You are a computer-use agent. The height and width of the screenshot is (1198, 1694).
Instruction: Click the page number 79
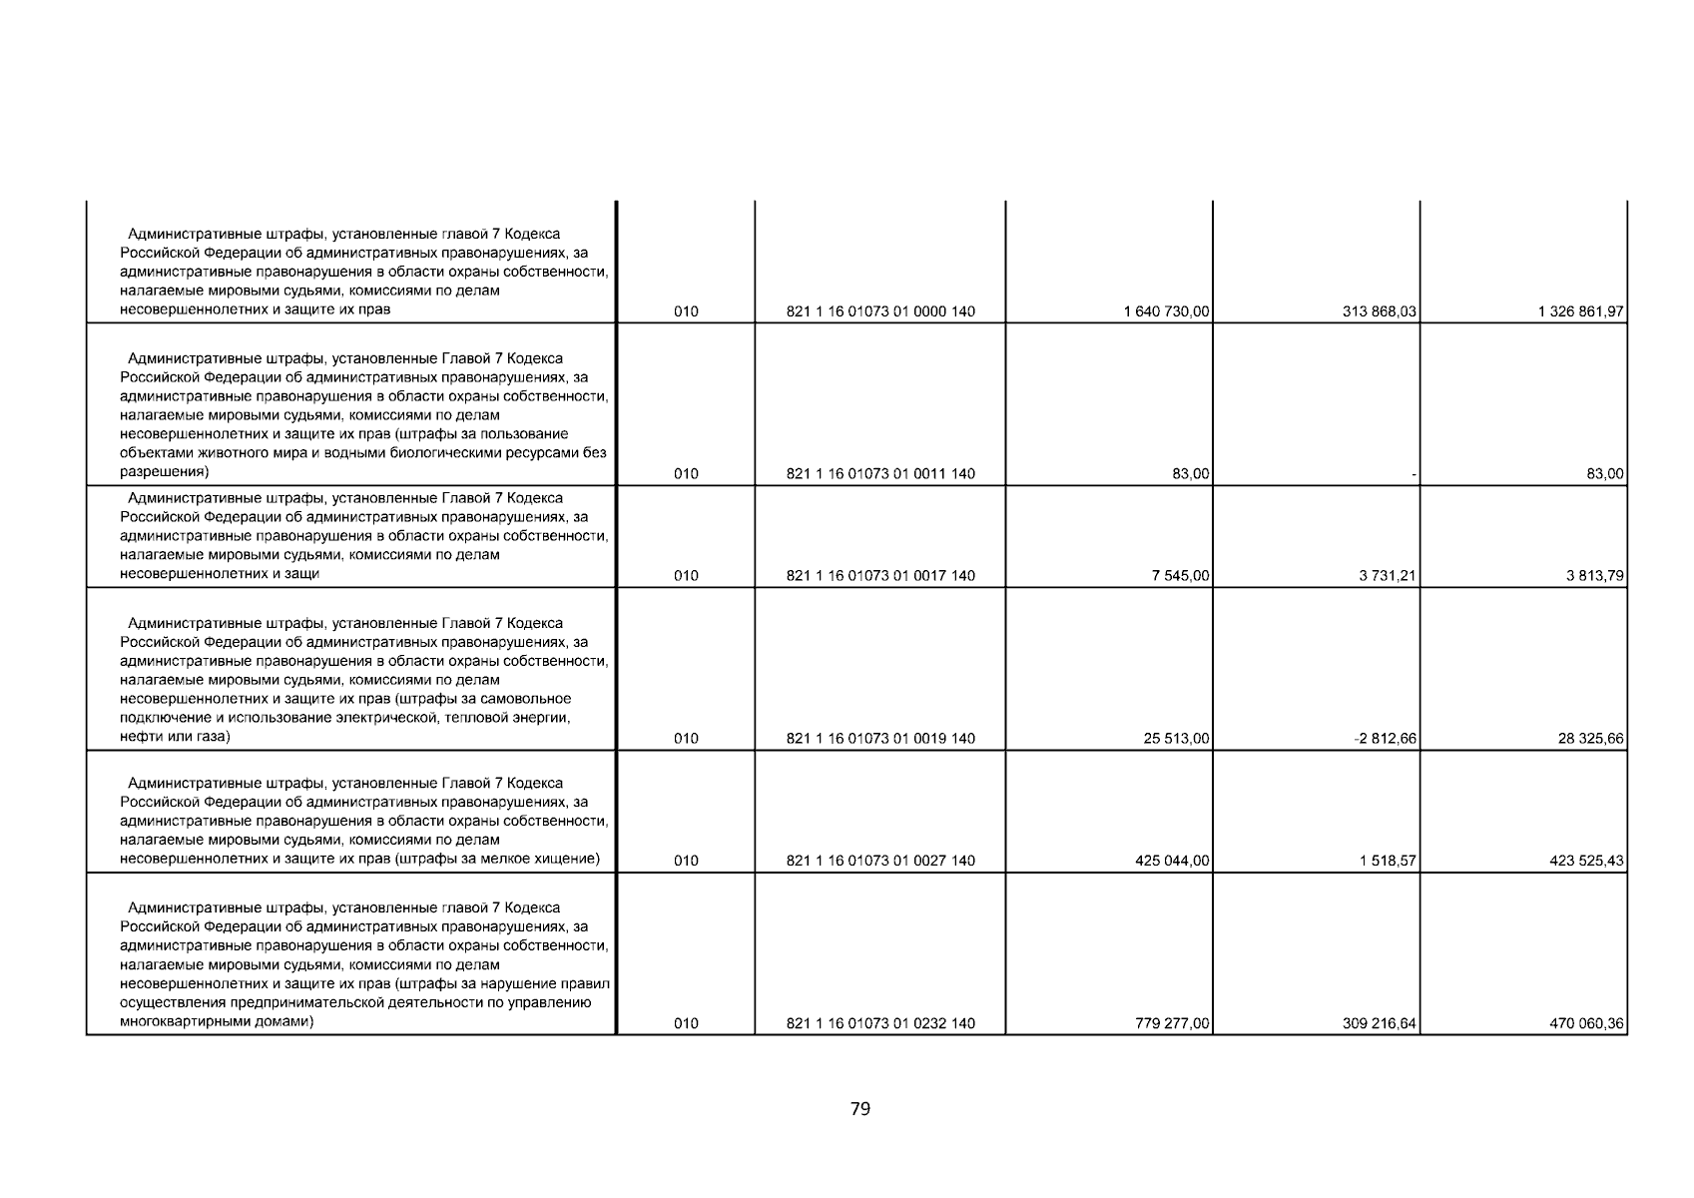[860, 1108]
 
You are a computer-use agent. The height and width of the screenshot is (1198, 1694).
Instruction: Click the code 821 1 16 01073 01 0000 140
[880, 311]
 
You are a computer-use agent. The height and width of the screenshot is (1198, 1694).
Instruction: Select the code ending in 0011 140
[880, 474]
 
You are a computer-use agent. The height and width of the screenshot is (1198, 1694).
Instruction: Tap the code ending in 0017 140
[880, 576]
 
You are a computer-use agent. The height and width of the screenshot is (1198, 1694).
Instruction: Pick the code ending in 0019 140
[880, 739]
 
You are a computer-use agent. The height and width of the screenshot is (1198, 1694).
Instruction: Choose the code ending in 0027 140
[880, 861]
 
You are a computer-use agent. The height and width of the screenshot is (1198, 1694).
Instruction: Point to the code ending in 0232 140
[880, 1023]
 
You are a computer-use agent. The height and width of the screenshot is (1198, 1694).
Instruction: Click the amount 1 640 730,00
[1166, 311]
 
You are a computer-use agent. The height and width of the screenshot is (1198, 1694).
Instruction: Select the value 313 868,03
[1380, 311]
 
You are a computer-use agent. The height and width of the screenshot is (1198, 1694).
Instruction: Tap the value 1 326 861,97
[1581, 311]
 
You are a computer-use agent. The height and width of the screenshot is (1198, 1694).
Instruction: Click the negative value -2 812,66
[1388, 739]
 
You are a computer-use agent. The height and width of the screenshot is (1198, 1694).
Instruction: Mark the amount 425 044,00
[1173, 861]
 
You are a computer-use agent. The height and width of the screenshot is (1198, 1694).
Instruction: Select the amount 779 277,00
[1173, 1023]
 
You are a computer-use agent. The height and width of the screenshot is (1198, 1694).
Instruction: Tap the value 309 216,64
[1380, 1023]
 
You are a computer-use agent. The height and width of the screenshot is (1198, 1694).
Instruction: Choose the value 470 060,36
[1587, 1023]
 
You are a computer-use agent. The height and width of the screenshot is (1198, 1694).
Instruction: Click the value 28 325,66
[1590, 739]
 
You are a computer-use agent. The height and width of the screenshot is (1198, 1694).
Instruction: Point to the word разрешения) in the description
[164, 471]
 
